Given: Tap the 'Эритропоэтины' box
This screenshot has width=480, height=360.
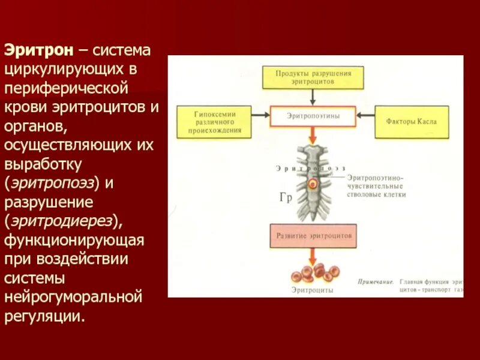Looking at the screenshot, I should pyautogui.click(x=313, y=116).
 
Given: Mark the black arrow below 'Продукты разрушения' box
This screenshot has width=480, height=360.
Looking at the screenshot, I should pyautogui.click(x=313, y=98).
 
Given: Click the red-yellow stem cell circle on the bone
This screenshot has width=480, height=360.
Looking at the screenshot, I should pyautogui.click(x=312, y=184).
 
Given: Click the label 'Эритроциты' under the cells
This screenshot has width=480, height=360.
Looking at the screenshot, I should pyautogui.click(x=313, y=290).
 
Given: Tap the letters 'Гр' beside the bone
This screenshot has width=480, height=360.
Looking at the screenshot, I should pyautogui.click(x=285, y=198).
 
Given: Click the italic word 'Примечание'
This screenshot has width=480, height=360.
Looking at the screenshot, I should pyautogui.click(x=376, y=281).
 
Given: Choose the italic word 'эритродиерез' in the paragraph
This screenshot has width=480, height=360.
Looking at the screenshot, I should pyautogui.click(x=62, y=221).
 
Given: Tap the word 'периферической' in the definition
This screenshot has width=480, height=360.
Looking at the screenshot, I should pyautogui.click(x=65, y=88).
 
